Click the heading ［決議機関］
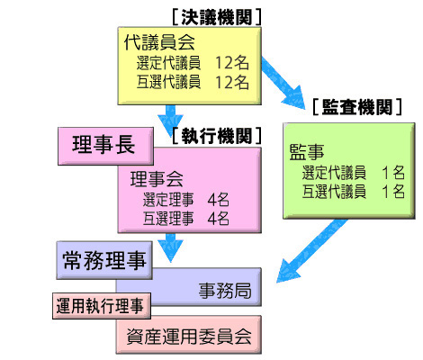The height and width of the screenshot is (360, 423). pos(217,17)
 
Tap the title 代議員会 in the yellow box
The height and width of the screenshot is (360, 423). pos(159,42)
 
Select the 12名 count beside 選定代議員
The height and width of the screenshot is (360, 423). pos(232,63)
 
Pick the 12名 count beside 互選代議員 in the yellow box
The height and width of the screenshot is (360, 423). pos(232,82)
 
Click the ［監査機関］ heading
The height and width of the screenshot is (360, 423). pos(357,107)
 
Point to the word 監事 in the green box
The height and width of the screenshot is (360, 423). pos(307,151)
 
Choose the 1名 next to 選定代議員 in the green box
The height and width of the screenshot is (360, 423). pos(393,173)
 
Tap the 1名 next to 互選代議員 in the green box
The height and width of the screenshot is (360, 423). pos(393,192)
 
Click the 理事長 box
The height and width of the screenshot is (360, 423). pos(105,146)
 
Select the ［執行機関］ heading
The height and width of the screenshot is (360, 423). pos(217,136)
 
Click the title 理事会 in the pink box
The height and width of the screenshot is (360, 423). pos(157,179)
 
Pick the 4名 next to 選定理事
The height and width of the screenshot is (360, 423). pos(218,200)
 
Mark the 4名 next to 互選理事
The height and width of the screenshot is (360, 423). pos(218,219)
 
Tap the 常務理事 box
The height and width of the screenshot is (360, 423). pos(104,260)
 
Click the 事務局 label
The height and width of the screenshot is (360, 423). pos(225,291)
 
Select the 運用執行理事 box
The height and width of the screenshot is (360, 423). pos(102,306)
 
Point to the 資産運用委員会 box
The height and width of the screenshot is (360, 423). pos(189,335)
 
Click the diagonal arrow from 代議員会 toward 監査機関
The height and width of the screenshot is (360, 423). pos(283,83)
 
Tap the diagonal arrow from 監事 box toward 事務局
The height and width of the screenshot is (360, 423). pos(312,251)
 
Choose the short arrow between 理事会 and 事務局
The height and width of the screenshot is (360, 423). pos(170,247)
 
